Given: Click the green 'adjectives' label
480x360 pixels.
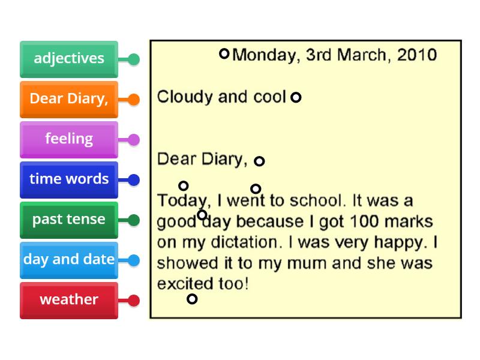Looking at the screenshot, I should [x=69, y=59].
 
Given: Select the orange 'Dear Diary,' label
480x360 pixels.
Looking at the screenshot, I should [x=69, y=99].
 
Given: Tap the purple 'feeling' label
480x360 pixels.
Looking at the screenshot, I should [x=69, y=139].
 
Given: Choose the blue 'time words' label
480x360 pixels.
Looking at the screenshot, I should [x=69, y=179].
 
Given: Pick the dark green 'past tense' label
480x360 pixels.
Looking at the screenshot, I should [x=69, y=220].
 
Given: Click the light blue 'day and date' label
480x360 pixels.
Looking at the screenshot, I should [x=69, y=260].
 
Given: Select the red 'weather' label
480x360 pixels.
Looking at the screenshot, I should [x=69, y=300].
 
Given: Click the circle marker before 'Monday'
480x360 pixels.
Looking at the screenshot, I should [x=224, y=54].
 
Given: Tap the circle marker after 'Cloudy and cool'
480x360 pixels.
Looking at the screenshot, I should [x=296, y=97].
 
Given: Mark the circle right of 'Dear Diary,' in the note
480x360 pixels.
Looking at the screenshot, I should [x=259, y=161].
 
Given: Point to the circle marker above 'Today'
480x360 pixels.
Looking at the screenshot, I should [x=184, y=186].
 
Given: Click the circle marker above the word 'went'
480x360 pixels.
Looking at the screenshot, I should [x=256, y=189].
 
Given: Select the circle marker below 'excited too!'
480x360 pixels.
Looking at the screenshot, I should [x=192, y=299].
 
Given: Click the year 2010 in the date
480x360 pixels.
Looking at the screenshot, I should [x=416, y=55].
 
